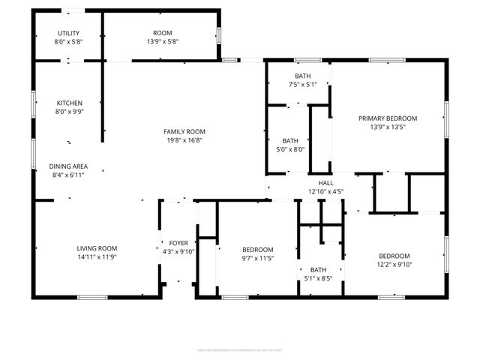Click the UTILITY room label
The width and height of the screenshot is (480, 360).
pos(69,33)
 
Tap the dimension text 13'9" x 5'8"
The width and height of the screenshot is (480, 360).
pos(162,42)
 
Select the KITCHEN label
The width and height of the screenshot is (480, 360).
pos(69,103)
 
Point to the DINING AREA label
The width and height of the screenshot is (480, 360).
pos(69,166)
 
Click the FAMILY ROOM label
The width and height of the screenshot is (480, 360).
pos(184,131)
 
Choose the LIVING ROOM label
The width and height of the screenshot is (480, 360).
pos(97,248)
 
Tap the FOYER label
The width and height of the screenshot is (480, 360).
pos(178,243)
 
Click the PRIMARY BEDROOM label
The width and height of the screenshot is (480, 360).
pos(387,118)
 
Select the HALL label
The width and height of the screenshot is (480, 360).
pos(325,182)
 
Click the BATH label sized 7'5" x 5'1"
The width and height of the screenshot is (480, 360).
pos(302,76)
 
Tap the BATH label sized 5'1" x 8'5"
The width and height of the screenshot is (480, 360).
pos(319,270)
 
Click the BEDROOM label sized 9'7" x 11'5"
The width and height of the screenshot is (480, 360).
pos(257,249)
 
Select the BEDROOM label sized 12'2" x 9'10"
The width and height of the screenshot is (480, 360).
pos(394,255)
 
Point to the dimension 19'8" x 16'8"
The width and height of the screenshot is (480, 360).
pos(184,140)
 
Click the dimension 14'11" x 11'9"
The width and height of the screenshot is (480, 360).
pos(97,257)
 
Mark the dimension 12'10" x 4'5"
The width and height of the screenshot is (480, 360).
pos(325,191)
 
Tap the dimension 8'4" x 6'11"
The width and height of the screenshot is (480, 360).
pos(69,175)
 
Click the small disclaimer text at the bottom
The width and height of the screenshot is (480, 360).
pos(239,349)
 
